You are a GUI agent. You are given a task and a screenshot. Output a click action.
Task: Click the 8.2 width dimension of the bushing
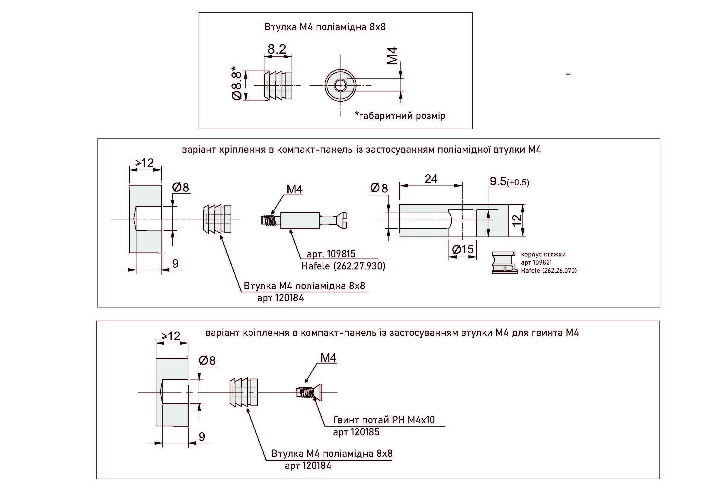point(277,49)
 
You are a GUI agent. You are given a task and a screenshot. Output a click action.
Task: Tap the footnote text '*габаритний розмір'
point(400,116)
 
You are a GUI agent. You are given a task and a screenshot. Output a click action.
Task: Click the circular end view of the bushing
point(340,85)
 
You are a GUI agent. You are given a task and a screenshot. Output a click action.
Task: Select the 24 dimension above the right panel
point(431,179)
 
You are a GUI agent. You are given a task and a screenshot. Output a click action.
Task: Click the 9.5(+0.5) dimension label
point(510,182)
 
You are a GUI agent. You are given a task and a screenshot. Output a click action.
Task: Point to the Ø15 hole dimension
point(463,249)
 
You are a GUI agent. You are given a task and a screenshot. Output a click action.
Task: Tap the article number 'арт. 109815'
point(331,254)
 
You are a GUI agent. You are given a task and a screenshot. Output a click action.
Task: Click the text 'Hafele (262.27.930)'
point(343,266)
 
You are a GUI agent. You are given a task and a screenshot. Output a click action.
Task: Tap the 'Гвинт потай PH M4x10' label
point(384,420)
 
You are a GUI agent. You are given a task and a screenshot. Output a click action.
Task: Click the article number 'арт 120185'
point(356,432)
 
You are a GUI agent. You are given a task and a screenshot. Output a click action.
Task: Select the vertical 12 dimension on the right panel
point(518,220)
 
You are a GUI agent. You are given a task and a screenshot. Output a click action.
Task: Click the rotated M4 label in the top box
point(392,56)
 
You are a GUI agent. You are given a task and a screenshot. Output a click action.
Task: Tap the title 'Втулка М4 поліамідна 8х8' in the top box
point(325,27)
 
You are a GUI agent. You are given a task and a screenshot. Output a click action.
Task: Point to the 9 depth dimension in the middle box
point(175,263)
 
